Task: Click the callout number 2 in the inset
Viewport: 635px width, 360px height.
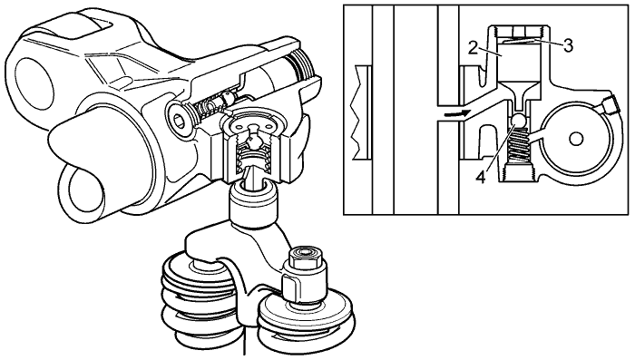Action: point(474,48)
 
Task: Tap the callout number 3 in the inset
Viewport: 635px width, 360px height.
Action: point(568,45)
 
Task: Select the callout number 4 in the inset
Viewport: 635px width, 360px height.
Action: point(481,177)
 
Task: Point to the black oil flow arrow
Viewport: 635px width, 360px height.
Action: point(457,113)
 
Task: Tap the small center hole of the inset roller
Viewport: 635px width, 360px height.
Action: point(575,140)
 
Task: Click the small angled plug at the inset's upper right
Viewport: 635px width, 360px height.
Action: point(609,105)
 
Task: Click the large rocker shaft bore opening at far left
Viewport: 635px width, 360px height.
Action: point(34,83)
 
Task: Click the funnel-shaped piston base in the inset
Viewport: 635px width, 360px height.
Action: point(520,96)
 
